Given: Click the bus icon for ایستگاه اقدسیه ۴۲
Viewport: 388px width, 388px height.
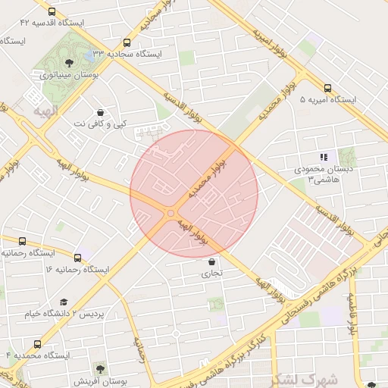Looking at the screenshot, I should pyautogui.click(x=51, y=13).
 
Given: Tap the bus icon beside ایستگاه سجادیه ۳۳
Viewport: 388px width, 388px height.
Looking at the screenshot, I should pyautogui.click(x=126, y=43).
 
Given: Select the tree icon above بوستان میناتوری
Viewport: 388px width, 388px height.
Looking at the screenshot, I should pyautogui.click(x=69, y=64).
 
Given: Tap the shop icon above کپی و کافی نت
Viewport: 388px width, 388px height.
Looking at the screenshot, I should pyautogui.click(x=99, y=112).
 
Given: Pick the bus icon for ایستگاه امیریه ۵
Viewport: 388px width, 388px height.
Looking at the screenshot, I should pyautogui.click(x=327, y=88).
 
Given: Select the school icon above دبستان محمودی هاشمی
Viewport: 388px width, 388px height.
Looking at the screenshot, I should pyautogui.click(x=324, y=157).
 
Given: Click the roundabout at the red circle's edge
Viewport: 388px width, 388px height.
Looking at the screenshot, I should pyautogui.click(x=171, y=214).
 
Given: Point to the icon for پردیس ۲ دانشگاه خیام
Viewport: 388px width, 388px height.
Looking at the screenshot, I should pyautogui.click(x=63, y=302).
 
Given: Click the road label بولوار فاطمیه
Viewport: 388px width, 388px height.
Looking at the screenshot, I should pyautogui.click(x=352, y=314).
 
